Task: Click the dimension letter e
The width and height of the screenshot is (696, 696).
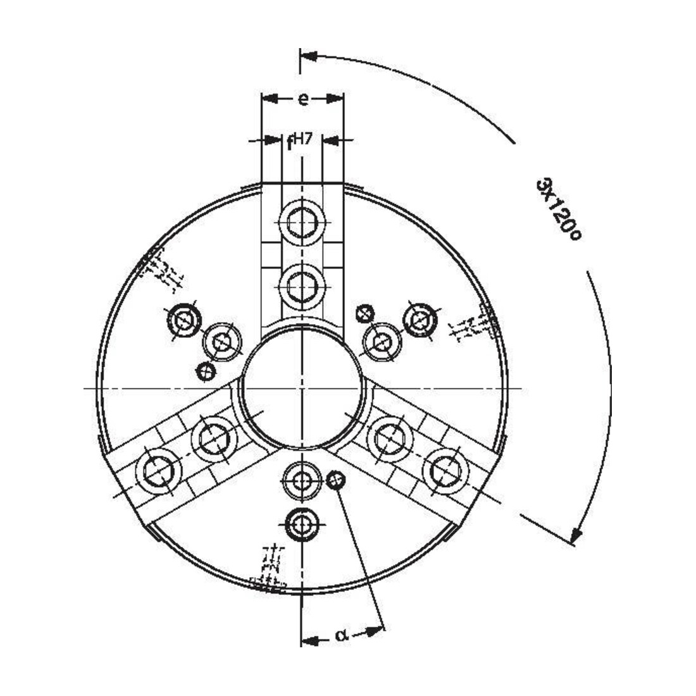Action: coord(302,99)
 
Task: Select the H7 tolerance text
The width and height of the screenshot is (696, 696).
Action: coord(303,139)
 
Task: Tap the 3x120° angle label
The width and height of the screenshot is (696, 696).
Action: coord(558,209)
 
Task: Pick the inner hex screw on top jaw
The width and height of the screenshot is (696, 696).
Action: coord(302,287)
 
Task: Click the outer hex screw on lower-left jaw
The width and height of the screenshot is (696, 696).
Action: coord(158,471)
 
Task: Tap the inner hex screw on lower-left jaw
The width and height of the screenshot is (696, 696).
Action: coord(214,439)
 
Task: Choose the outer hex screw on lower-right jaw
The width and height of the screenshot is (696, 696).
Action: coord(445,471)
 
